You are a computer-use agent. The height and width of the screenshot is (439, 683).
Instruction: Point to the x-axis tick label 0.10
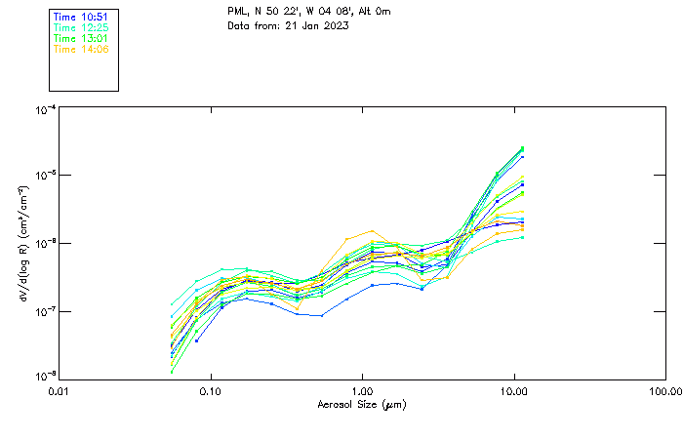click(x=211, y=390)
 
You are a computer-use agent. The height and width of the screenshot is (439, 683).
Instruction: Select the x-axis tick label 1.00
click(x=362, y=390)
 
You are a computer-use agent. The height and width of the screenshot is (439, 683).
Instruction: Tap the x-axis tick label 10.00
click(x=514, y=390)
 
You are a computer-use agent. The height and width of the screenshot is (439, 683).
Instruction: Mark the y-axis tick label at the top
click(x=45, y=110)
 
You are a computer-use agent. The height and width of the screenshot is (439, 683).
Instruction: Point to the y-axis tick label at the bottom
click(x=45, y=377)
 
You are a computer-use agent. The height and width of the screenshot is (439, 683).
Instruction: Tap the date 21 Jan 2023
click(x=317, y=24)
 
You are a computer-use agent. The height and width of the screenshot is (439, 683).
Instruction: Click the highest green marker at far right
click(x=522, y=148)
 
